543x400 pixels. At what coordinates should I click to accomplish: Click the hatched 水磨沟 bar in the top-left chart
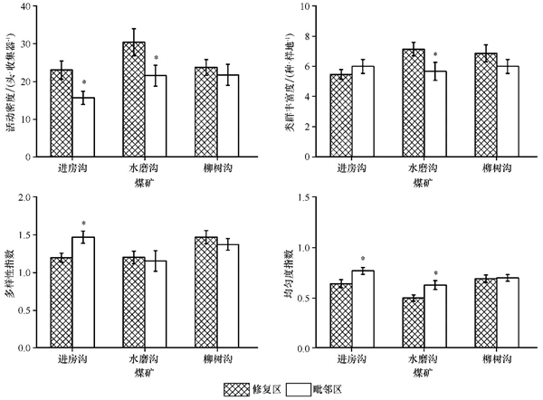point(134,100)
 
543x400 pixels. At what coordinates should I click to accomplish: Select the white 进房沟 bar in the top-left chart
point(83,128)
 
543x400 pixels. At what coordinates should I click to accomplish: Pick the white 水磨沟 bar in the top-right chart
point(436,114)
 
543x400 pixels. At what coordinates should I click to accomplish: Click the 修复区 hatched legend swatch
point(243,388)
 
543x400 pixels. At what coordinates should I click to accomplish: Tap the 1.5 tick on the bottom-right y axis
point(304,196)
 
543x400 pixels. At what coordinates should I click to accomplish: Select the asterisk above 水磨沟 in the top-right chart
point(436,55)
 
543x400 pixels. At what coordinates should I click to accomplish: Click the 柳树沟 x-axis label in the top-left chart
point(217,168)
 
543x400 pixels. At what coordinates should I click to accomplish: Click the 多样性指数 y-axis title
point(10,271)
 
